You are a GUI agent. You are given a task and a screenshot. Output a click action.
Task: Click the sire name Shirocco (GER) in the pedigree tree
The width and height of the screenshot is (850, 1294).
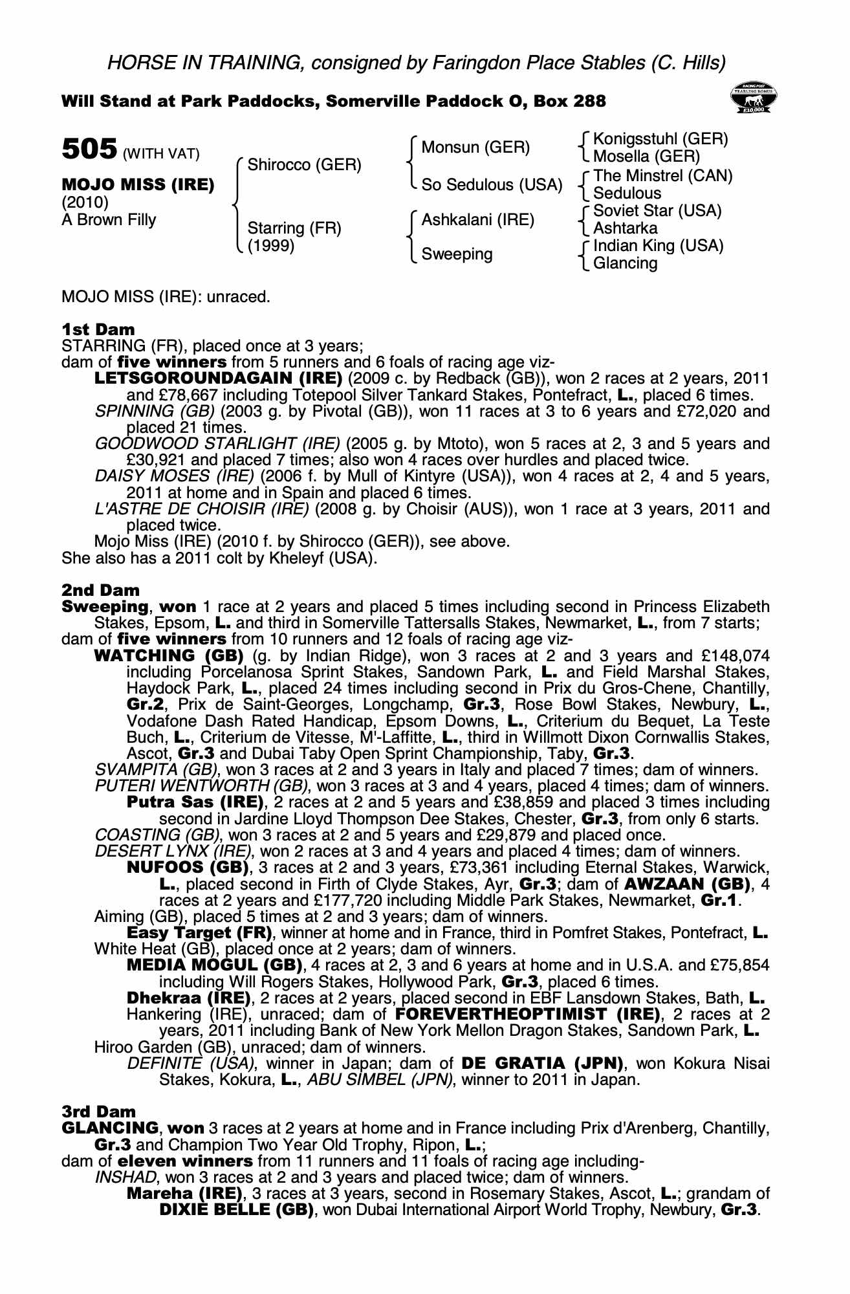(304, 165)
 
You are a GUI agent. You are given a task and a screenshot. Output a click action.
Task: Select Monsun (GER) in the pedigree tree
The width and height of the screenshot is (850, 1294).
(475, 148)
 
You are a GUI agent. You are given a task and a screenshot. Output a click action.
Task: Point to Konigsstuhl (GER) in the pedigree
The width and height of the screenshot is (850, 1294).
(660, 139)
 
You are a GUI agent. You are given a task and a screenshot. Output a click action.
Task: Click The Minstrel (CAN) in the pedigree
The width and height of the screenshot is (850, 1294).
(662, 176)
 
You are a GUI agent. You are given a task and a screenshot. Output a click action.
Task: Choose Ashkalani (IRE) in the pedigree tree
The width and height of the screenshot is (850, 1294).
(478, 220)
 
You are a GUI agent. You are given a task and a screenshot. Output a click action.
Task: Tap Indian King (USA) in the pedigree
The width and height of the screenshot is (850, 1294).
(658, 246)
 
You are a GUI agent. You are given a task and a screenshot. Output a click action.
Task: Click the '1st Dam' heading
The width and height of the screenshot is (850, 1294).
(98, 329)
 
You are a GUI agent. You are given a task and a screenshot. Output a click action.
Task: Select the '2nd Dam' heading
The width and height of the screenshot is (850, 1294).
(100, 590)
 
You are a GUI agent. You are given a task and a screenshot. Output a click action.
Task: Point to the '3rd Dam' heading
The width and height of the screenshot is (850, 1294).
(99, 1112)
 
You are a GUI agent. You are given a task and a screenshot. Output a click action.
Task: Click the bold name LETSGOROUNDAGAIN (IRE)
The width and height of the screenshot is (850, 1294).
(218, 378)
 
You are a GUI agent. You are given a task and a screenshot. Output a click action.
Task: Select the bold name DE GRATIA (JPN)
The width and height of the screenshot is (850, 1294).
(541, 1063)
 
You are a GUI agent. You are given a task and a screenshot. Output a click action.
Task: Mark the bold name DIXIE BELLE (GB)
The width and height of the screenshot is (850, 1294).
(236, 1209)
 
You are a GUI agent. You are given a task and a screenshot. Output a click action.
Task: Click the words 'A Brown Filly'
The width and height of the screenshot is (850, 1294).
(109, 220)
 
